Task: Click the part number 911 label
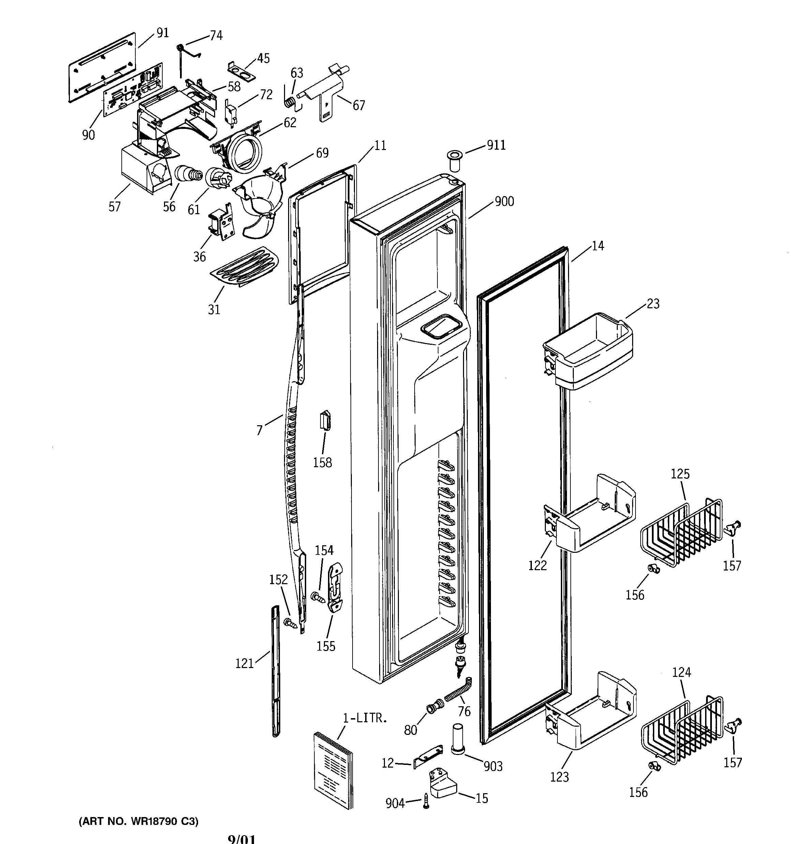point(496,145)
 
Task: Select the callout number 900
point(504,201)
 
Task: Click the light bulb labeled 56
point(187,174)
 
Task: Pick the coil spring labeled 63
point(289,102)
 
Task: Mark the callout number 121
point(244,663)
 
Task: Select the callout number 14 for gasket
point(597,246)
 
